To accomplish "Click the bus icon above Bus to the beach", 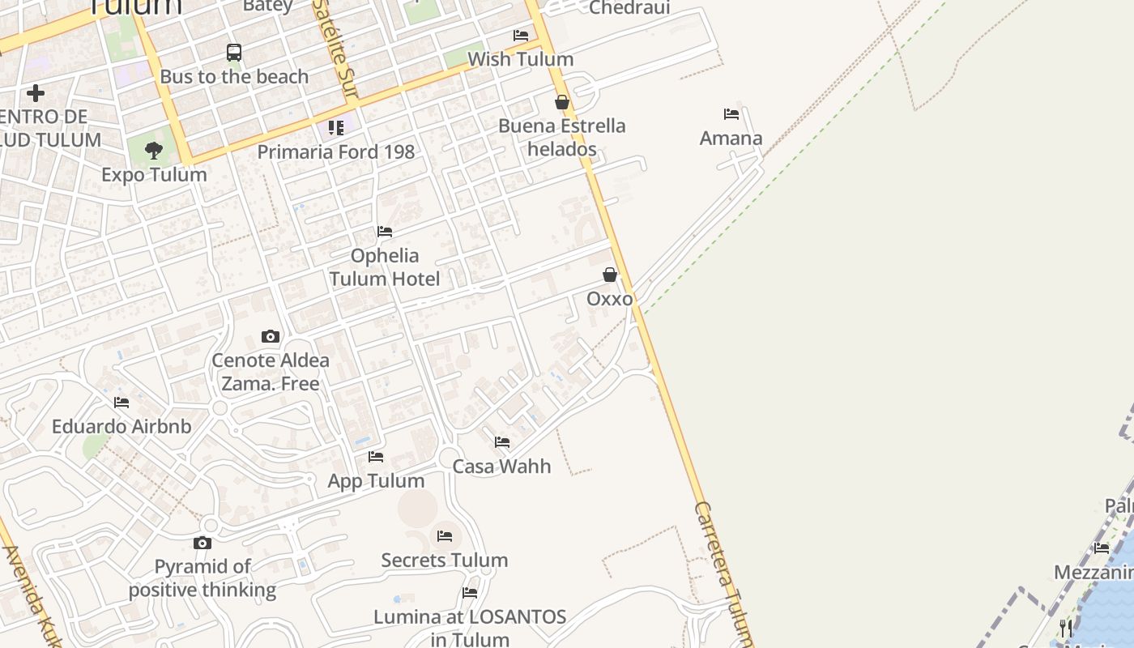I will click(234, 53).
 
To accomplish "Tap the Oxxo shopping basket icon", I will click(610, 275).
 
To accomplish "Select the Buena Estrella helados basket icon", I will click(561, 103).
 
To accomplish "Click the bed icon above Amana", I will click(731, 114).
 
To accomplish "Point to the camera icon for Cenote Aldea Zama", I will click(271, 337).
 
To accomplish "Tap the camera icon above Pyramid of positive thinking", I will click(202, 543).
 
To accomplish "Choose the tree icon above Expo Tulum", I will click(154, 150).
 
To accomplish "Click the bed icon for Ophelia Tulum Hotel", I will click(385, 232).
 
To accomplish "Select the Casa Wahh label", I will click(501, 467).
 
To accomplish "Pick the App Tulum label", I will click(376, 481).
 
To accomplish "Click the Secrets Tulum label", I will click(445, 561).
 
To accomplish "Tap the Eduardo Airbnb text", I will click(122, 427).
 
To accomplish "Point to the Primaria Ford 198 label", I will click(336, 152).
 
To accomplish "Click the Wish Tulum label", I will click(521, 60).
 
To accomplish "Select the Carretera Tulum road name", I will click(723, 571).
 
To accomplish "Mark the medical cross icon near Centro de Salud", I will click(36, 93).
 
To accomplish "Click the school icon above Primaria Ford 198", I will click(336, 128).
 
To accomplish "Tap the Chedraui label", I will click(629, 8).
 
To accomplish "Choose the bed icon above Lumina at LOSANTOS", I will click(470, 593).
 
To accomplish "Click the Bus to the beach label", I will click(234, 77).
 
